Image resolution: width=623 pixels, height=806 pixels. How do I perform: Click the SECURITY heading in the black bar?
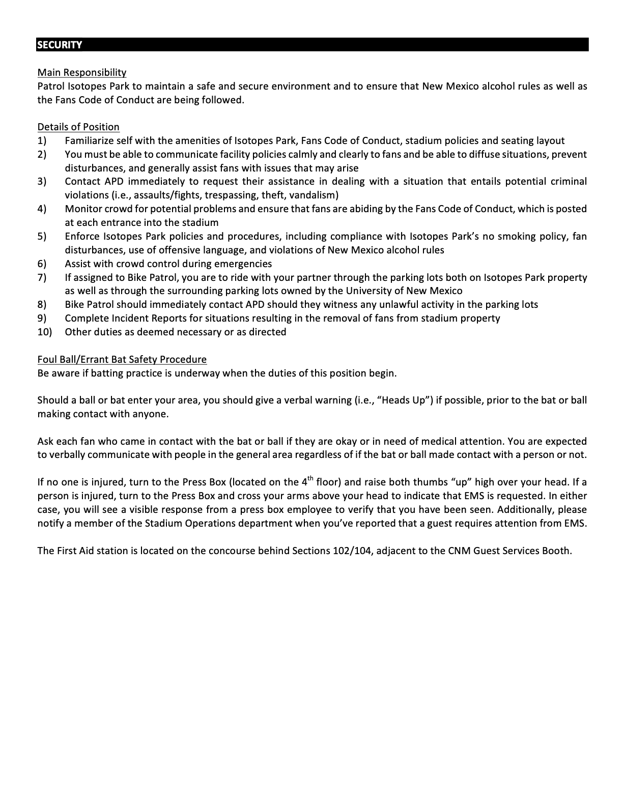tap(59, 45)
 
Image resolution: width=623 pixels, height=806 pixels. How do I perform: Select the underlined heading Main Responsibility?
tap(82, 72)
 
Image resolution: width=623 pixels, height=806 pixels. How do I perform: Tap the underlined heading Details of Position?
tap(78, 127)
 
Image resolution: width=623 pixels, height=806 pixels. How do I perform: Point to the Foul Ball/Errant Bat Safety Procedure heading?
tap(122, 359)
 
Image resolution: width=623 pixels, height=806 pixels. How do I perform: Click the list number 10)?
tap(44, 332)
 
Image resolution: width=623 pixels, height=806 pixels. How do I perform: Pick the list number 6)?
tap(42, 264)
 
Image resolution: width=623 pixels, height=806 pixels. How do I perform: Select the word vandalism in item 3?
tap(314, 195)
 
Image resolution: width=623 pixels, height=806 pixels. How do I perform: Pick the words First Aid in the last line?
tap(76, 551)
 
